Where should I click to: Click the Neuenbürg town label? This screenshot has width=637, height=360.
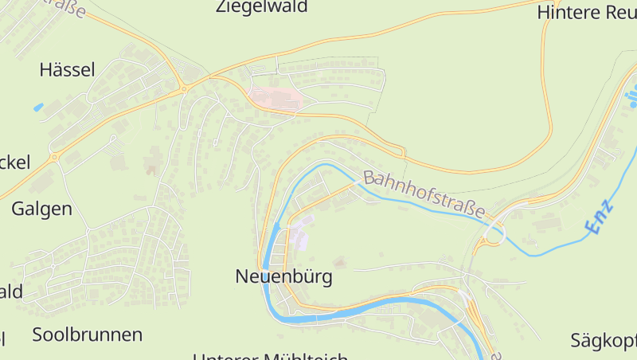click(283, 277)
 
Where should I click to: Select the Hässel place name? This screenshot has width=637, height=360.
click(67, 70)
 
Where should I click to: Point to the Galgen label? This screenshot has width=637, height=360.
click(41, 209)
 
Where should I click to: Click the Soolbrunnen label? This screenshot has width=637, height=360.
click(88, 335)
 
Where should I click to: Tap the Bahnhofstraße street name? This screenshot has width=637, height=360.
click(424, 194)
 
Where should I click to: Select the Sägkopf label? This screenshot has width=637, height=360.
click(604, 342)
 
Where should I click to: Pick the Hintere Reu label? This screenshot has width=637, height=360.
click(586, 12)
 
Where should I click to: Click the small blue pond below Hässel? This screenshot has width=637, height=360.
click(38, 107)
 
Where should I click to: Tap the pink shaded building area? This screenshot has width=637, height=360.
click(276, 98)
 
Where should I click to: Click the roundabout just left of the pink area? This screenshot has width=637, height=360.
click(185, 89)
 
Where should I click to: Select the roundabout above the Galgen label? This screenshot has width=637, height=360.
click(55, 158)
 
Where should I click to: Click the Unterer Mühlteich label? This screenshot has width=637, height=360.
click(271, 356)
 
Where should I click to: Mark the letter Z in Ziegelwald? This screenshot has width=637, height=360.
click(222, 7)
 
